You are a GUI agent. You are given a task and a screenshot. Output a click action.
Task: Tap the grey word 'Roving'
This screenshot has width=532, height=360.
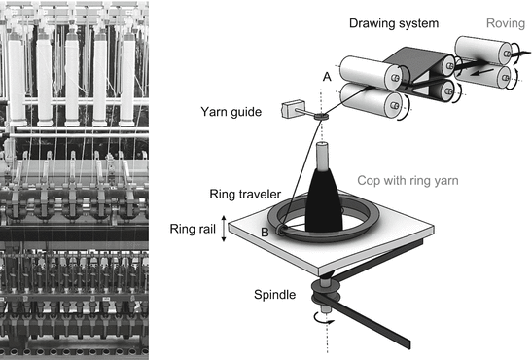496,20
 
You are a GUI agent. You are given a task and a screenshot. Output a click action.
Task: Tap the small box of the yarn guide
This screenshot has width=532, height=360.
289,110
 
